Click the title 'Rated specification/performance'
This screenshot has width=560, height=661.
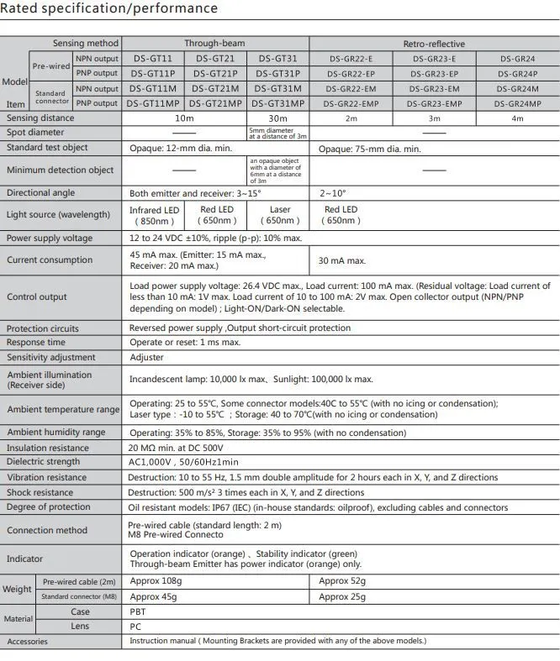[109, 9]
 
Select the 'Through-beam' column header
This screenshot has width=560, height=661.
[215, 44]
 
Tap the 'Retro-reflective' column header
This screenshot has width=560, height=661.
[434, 44]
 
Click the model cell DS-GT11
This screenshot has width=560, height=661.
[153, 59]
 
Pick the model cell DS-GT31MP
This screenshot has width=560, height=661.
[279, 103]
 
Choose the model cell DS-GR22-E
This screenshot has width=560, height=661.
[351, 59]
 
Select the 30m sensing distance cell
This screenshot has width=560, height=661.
[279, 118]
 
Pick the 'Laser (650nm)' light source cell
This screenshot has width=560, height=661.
[279, 215]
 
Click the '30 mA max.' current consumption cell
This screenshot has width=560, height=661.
[342, 261]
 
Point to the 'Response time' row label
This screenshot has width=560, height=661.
[36, 343]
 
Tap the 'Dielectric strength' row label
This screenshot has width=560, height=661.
[43, 462]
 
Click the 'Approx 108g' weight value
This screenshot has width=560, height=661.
[156, 581]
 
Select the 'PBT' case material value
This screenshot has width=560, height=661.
[137, 612]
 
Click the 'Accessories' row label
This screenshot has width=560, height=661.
[28, 642]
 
